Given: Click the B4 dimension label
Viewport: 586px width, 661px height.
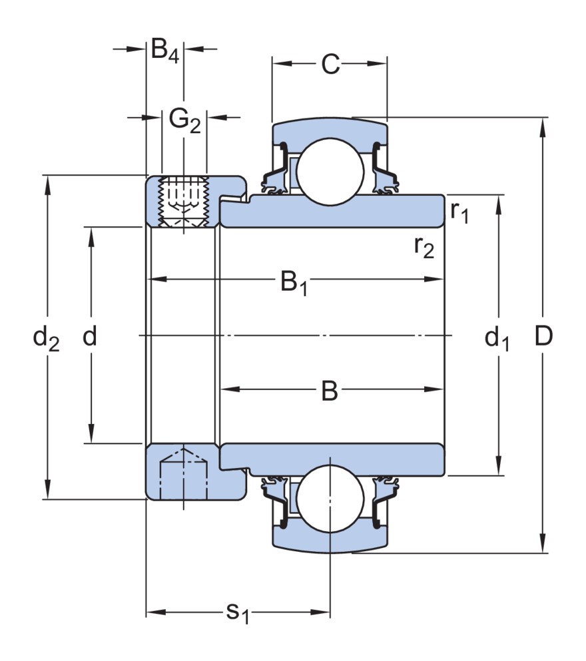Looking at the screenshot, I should [164, 51].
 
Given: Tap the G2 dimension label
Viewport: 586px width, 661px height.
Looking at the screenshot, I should [184, 119].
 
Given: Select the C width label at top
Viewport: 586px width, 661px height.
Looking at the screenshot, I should [330, 65].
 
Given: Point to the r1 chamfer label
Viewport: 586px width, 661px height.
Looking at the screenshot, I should [459, 212].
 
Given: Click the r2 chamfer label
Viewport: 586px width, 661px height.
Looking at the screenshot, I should [424, 247].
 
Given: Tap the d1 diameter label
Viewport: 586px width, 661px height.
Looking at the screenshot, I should [497, 339].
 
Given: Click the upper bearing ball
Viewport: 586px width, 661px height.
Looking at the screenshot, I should [330, 170].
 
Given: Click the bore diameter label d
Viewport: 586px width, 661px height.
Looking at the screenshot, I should [90, 337].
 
